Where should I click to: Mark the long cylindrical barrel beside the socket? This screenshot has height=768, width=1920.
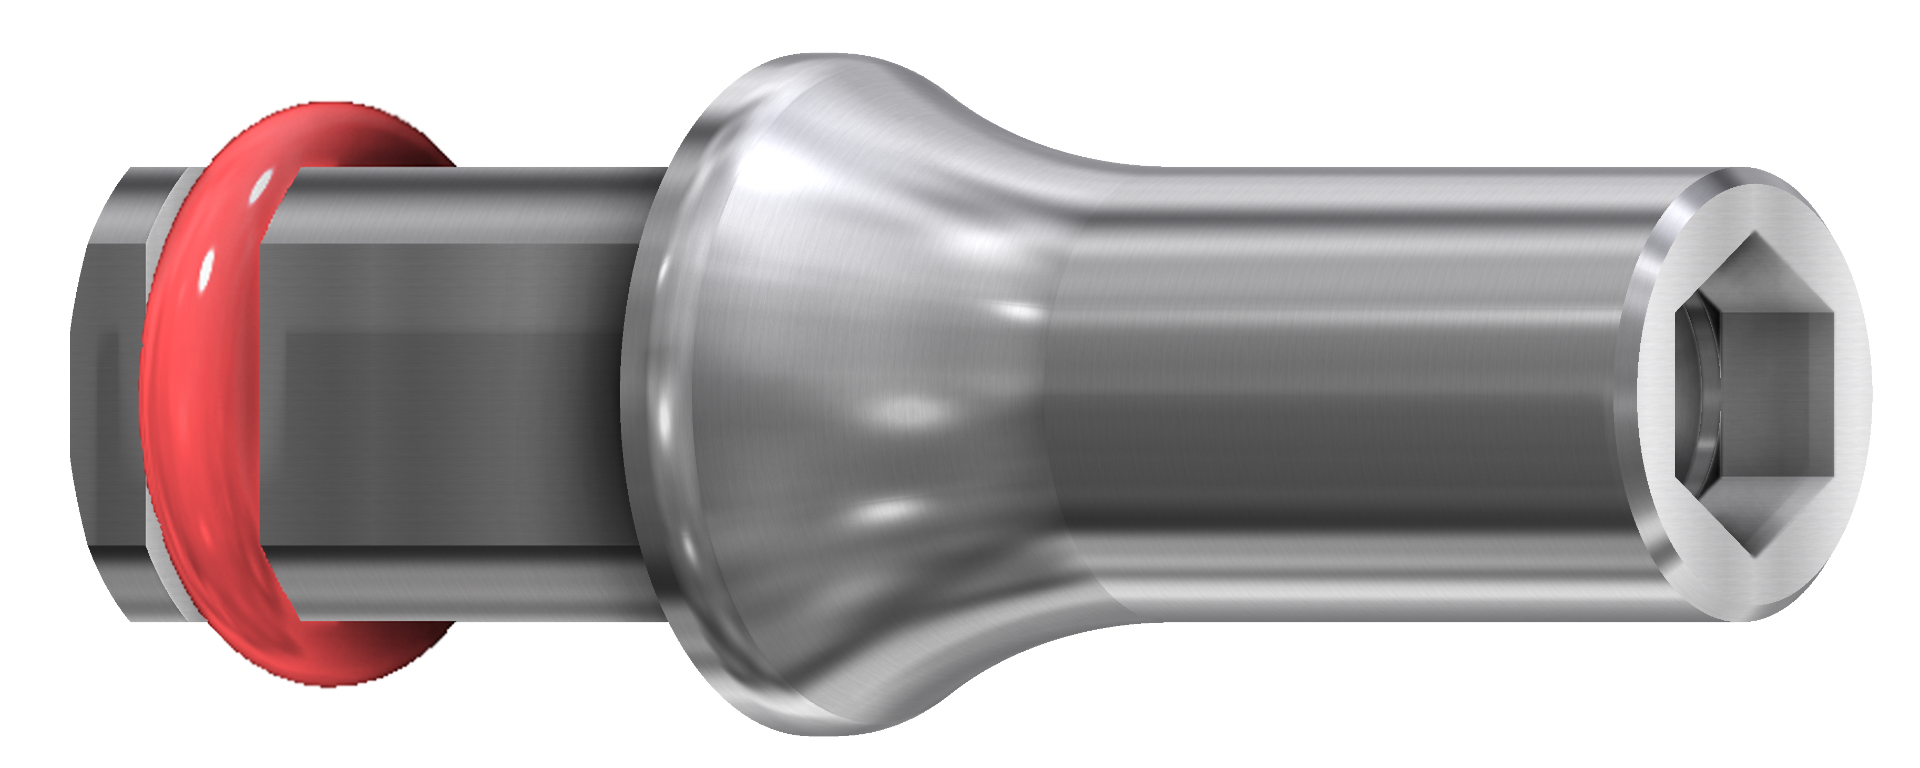coord(1342,395)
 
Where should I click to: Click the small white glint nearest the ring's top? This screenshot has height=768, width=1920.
coord(262,185)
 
